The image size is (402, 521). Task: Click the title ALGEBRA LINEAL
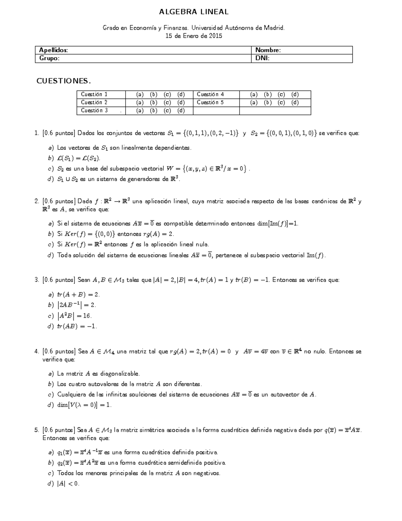click(x=194, y=12)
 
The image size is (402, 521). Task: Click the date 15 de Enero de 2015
click(x=194, y=36)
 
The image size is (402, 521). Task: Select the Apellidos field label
click(x=53, y=50)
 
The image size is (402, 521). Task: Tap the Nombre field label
click(x=268, y=50)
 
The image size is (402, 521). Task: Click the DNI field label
click(x=262, y=58)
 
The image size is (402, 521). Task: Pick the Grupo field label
click(x=49, y=58)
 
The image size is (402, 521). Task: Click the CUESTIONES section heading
click(x=64, y=81)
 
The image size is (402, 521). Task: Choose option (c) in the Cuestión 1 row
click(x=167, y=95)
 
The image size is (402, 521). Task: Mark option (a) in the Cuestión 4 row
click(x=254, y=95)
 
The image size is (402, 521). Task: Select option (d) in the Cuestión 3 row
click(x=181, y=111)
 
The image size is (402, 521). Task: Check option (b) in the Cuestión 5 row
click(x=268, y=103)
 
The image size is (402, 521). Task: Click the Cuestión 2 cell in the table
click(x=94, y=103)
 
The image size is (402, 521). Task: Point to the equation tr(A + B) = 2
click(x=78, y=295)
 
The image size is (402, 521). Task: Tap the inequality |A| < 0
click(x=68, y=484)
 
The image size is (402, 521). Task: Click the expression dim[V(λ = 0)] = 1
click(x=84, y=405)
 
